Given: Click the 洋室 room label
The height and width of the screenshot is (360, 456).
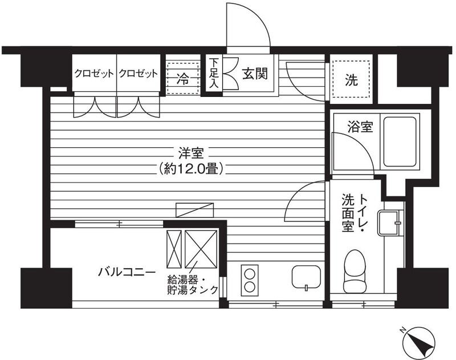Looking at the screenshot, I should (x=191, y=153).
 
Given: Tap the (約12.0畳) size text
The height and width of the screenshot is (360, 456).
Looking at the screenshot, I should (x=191, y=168).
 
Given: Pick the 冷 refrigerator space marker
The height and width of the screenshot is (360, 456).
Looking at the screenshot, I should (x=183, y=78).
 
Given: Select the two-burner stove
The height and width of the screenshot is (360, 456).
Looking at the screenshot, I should (x=249, y=280).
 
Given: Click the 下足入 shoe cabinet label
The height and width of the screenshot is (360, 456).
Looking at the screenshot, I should (x=213, y=73).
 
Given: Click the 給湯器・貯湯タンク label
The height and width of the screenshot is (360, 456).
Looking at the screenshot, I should (x=193, y=285).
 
